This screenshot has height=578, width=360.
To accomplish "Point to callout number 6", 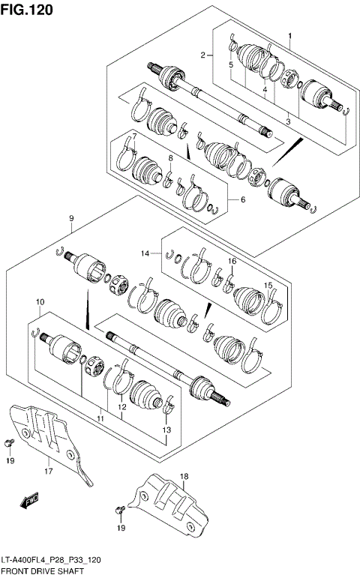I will coord(242,199).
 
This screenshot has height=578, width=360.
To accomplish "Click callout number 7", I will coord(133,135).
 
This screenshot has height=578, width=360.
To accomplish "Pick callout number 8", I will coord(170,157).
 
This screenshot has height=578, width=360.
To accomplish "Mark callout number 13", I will coord(167,430).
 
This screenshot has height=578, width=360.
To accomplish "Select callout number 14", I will coord(148,254).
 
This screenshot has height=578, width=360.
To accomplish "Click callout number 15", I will coord(268,286).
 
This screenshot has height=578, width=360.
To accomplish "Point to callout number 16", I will coord(232,261).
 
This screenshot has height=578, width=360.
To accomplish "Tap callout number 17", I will coord(48,472).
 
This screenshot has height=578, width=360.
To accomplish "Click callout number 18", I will coord(184,476).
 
